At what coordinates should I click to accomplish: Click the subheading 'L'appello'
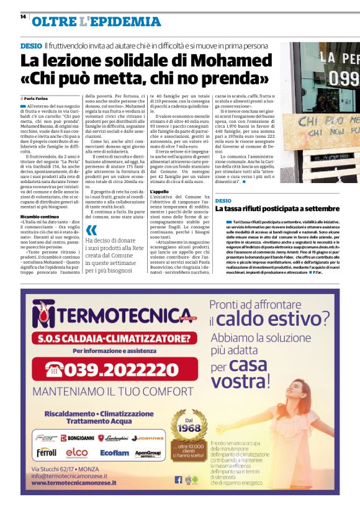click(160, 192)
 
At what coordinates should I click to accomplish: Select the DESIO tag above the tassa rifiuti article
click(223, 200)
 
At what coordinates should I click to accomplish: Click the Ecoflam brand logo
click(114, 452)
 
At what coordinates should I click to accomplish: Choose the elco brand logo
click(77, 452)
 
